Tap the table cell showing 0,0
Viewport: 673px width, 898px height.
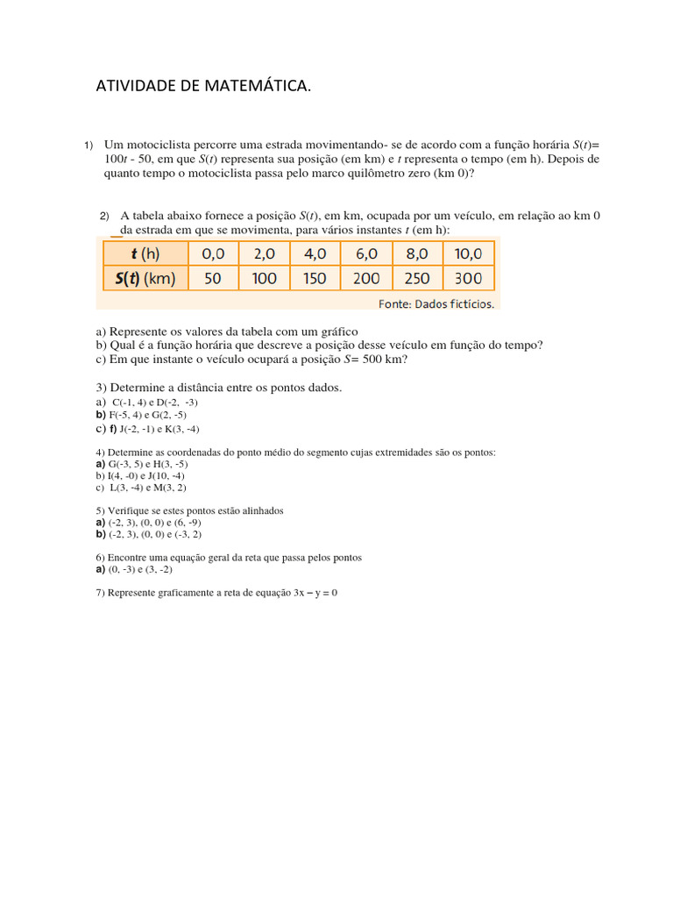[213, 253]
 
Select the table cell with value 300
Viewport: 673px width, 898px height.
[468, 278]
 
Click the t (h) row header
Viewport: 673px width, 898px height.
[145, 253]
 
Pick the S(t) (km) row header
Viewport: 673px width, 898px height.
[145, 278]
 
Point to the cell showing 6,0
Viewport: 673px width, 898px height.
[365, 253]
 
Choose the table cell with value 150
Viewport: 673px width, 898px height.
[315, 278]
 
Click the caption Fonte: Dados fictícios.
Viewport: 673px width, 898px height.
[436, 304]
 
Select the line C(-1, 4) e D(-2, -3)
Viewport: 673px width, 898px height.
[148, 402]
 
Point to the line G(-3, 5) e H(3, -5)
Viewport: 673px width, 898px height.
[147, 463]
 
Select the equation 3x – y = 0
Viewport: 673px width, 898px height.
[315, 593]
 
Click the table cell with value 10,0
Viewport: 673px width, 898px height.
[468, 253]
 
